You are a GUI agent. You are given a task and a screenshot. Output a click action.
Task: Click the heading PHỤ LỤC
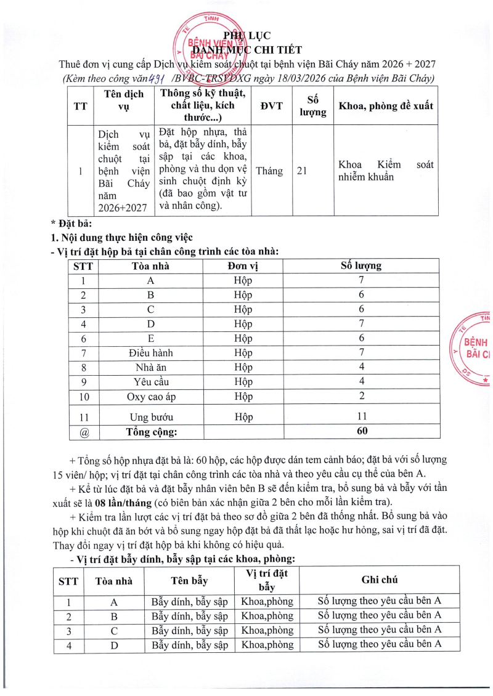coord(246,35)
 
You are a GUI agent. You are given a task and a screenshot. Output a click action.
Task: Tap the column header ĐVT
coord(271,105)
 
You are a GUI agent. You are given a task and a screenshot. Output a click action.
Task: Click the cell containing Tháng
coord(269,171)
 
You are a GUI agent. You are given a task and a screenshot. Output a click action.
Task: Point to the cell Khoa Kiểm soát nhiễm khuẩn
coord(386,171)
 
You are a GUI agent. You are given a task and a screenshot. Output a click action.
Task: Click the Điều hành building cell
coord(150,352)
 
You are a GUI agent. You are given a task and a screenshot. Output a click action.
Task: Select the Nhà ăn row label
coord(150,367)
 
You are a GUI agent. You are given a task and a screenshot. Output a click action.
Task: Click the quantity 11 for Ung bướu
coord(362,416)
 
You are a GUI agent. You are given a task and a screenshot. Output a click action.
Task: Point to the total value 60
coord(362,431)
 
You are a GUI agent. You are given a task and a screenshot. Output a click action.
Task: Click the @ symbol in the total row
coord(84,432)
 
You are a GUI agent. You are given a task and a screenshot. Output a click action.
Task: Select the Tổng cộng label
coord(152,432)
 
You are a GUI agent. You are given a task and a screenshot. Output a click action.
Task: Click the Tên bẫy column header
coord(189,580)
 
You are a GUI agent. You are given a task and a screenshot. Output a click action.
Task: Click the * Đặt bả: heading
coord(71,223)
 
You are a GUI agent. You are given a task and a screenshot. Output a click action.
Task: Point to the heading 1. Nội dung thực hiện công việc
coord(121,237)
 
